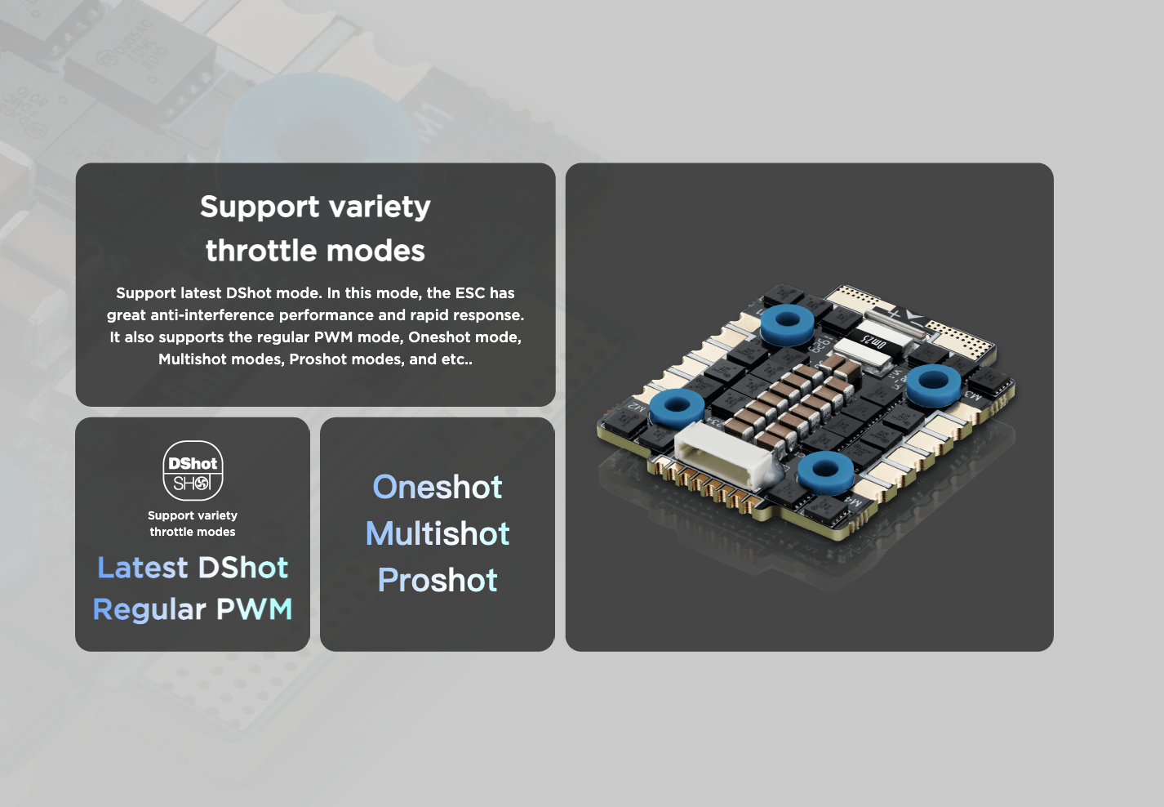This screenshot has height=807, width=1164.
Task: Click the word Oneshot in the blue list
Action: coord(438,487)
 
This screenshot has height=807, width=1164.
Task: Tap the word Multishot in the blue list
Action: coord(438,533)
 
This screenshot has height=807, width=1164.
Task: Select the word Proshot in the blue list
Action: coord(438,580)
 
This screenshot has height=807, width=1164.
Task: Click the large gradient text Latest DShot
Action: coord(193,567)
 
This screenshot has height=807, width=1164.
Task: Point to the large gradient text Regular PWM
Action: coord(193,609)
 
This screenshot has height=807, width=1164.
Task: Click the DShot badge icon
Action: coord(193,470)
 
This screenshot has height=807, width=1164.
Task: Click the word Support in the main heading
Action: coord(260,207)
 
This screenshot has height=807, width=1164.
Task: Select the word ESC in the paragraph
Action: coord(470,292)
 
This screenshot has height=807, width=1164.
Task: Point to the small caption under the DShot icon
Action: coord(193,523)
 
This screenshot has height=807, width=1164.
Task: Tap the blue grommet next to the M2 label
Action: coord(677,407)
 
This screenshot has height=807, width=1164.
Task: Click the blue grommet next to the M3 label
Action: coord(934,384)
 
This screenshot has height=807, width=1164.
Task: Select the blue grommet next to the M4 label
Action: coord(825,472)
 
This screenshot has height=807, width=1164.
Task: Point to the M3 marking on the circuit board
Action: coord(973,395)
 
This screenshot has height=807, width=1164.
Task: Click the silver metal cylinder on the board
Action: coord(895,323)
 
